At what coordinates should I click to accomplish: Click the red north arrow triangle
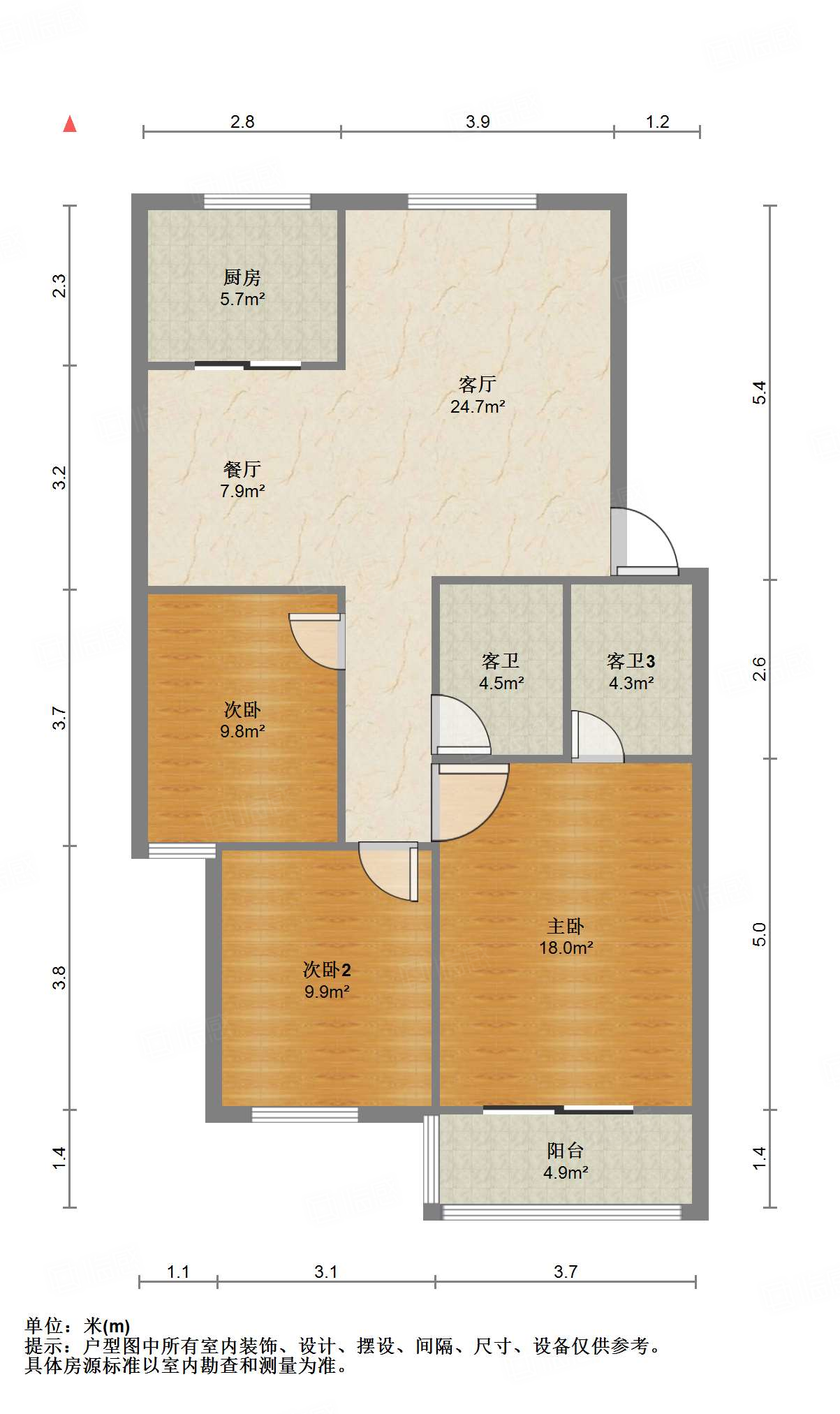coord(70,124)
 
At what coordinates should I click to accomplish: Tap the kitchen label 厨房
coord(242,277)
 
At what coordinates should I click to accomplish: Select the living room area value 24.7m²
coord(478,406)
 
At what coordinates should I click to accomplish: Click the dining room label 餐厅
coord(242,469)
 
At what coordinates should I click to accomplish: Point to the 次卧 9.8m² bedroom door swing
coord(316,642)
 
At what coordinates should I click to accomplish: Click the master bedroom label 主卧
coord(565,926)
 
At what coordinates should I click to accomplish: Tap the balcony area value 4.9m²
coord(565,1172)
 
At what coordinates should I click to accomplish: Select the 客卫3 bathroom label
coord(631,661)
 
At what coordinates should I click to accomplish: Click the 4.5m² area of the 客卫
coord(501,683)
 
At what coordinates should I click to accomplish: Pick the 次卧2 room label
coord(326,969)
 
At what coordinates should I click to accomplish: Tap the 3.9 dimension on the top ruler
coord(478,121)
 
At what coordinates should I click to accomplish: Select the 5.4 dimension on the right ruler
coord(759,392)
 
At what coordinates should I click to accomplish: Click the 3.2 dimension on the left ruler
coord(59,478)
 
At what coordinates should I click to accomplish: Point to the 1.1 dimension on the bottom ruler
coord(178,1272)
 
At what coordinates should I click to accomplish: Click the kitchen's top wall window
coord(257,202)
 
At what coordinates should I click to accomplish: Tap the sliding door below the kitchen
coord(248,364)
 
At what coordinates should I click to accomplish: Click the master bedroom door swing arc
coord(471,803)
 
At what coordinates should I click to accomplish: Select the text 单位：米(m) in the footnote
coord(78,1325)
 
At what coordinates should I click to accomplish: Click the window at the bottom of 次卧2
coord(304,1114)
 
